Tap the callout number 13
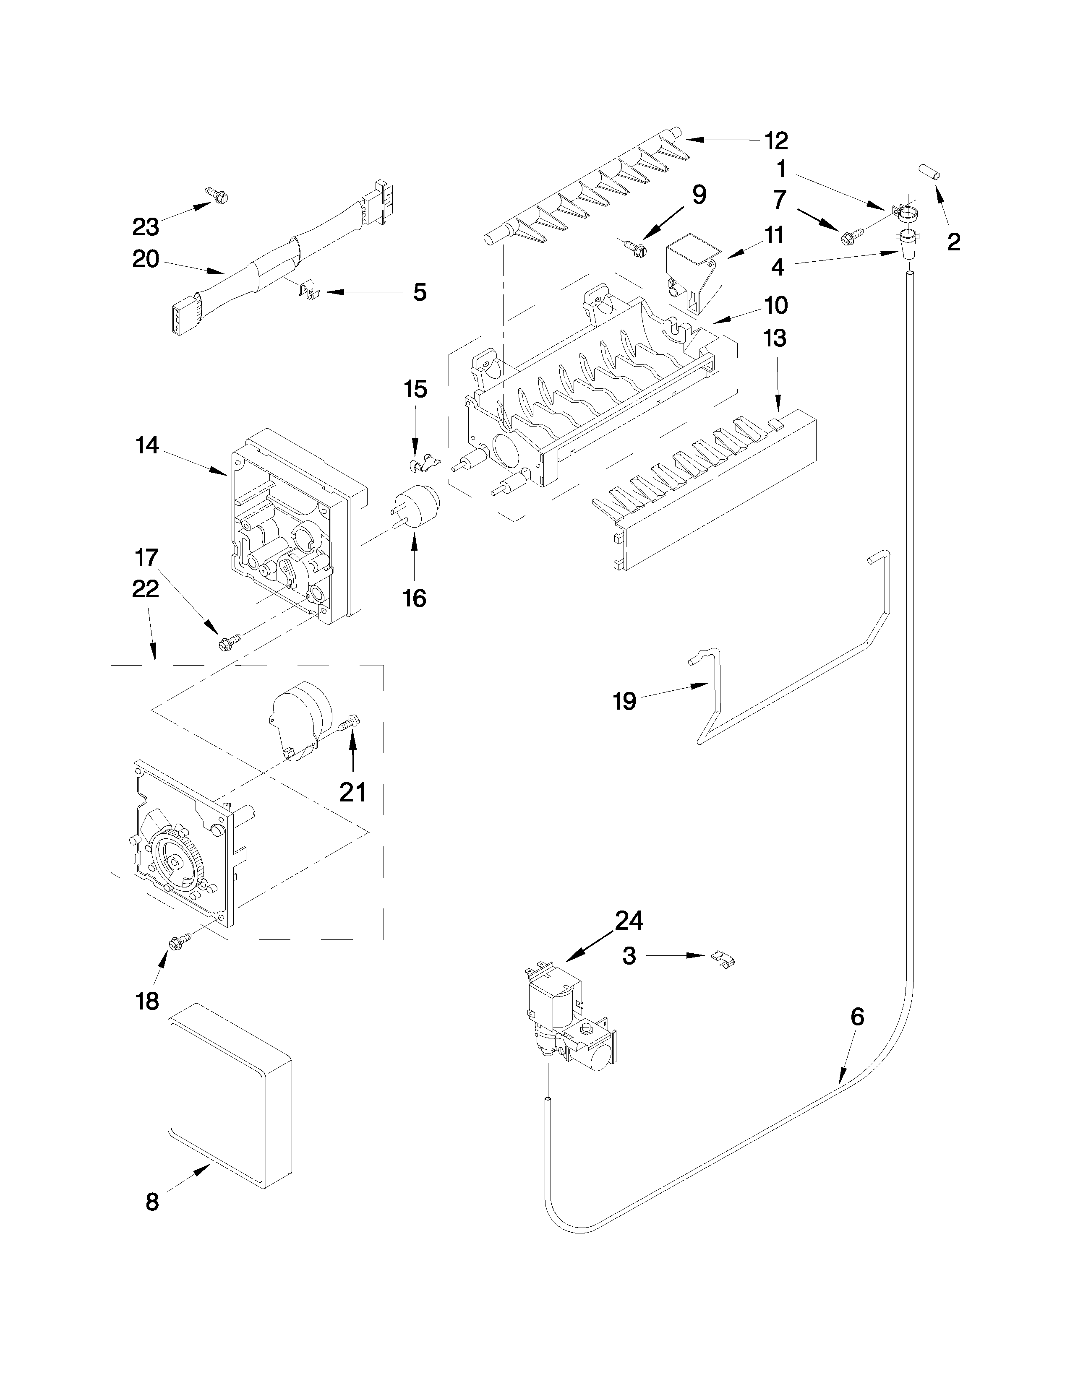(774, 338)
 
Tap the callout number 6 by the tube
(856, 1017)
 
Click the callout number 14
(147, 445)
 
